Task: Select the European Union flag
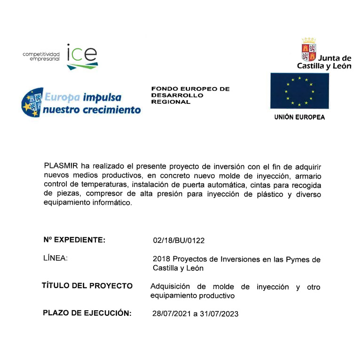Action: coord(299,91)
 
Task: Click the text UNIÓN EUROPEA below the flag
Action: coord(299,117)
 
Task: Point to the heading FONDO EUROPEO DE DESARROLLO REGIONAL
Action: coord(190,95)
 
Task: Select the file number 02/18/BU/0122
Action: coord(179,241)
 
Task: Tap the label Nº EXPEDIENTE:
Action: coord(74,240)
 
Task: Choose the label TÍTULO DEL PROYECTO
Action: coord(87,286)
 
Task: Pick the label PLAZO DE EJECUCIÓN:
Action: coord(87,313)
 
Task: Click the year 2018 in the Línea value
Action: coord(162,259)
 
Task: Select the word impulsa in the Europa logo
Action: coord(102,98)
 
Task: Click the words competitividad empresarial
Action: coord(41,57)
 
